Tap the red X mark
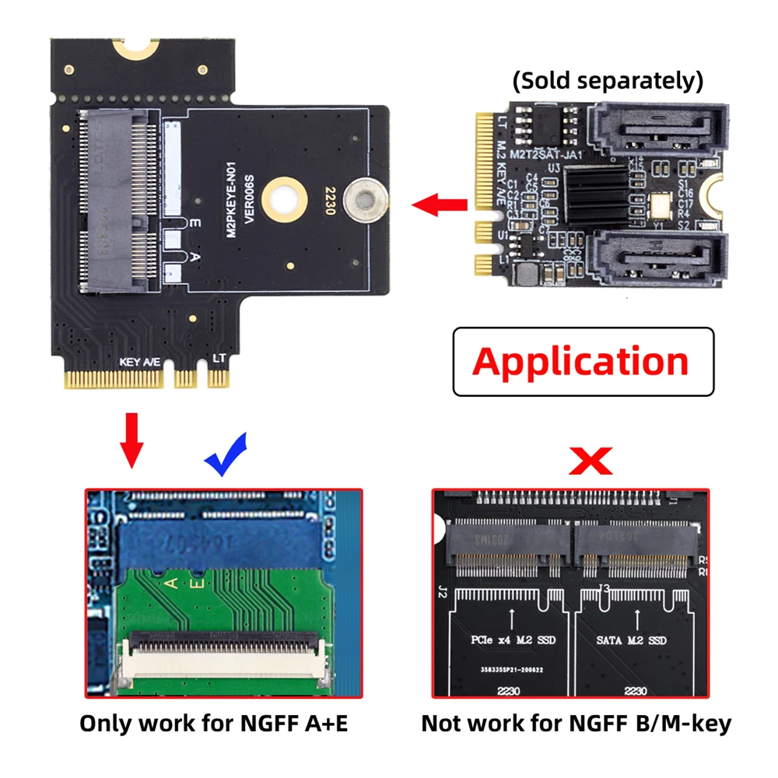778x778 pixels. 591,461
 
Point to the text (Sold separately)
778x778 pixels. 607,80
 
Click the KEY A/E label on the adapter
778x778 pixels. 140,362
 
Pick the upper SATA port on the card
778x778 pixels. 657,130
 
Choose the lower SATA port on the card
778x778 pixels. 657,259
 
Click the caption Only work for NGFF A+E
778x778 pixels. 214,723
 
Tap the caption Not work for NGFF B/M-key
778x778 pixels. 576,723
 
